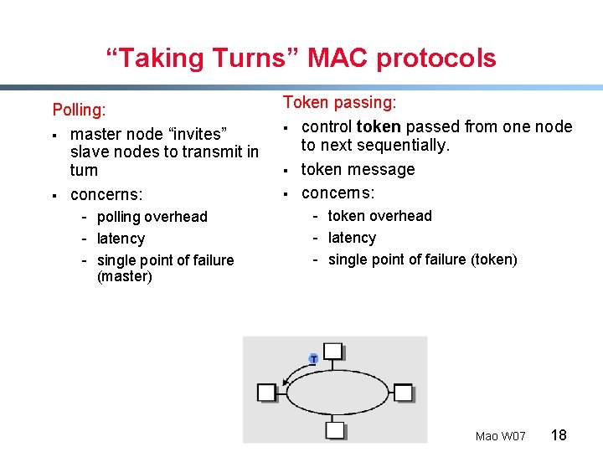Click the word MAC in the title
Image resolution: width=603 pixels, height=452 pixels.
coord(338,59)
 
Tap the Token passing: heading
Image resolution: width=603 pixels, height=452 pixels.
coord(339,102)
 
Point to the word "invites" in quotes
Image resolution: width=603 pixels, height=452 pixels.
coord(194,134)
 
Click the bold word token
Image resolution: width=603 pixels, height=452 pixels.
coord(379,126)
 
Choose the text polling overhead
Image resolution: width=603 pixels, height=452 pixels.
coord(152,217)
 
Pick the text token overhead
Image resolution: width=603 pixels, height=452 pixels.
coord(379,216)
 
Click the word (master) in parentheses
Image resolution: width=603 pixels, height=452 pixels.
coord(125,276)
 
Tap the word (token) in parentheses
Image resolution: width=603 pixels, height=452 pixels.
coord(492,259)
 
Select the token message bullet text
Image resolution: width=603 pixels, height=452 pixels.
coord(358,169)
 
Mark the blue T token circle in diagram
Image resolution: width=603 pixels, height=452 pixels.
coord(313,358)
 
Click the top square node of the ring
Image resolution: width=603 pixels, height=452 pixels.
coord(333,350)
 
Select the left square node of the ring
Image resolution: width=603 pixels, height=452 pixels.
coord(266,392)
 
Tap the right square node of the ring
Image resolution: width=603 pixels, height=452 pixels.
coord(403,392)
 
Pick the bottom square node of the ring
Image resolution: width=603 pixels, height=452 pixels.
coord(334,430)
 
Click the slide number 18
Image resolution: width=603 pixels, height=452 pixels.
coord(559,434)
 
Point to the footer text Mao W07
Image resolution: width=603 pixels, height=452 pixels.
coord(500,436)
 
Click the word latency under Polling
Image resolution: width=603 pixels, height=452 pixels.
coord(121,239)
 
